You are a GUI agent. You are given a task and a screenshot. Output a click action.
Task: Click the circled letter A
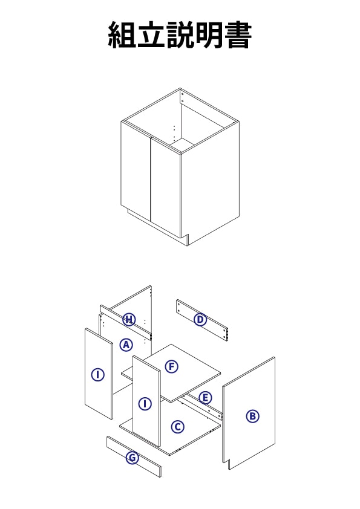(126, 345)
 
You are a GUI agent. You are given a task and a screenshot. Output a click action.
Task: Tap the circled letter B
(252, 416)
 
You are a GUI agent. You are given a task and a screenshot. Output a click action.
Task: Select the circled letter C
(177, 427)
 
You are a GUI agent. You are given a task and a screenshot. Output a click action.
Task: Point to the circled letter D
(200, 320)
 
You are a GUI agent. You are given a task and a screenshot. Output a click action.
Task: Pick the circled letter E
(205, 398)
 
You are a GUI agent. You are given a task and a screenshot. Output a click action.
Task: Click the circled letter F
(172, 367)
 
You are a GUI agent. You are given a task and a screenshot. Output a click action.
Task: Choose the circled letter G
(133, 458)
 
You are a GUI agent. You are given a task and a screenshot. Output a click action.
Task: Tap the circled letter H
(129, 319)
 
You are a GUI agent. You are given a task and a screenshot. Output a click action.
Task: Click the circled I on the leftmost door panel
(97, 375)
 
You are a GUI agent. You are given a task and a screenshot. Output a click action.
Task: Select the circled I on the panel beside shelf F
(145, 404)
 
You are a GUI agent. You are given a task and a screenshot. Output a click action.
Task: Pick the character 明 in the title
(209, 35)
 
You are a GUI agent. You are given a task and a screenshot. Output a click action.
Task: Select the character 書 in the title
(238, 35)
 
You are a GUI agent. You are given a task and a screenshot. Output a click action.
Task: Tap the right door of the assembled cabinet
(166, 187)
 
